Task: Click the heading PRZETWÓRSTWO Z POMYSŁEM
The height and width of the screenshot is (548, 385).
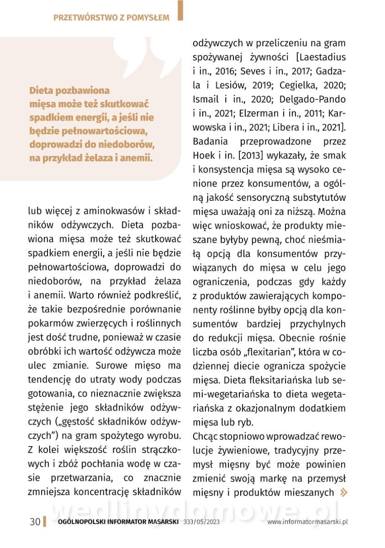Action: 111,18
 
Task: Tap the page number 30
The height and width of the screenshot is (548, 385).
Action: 35,522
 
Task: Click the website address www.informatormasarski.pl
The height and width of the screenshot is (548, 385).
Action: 307,522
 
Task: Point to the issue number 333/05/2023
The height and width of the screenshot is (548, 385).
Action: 201,522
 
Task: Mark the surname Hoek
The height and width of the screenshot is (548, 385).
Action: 205,156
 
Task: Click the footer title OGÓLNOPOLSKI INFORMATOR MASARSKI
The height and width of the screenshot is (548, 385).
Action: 118,522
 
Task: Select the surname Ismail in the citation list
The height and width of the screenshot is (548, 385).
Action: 206,100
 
